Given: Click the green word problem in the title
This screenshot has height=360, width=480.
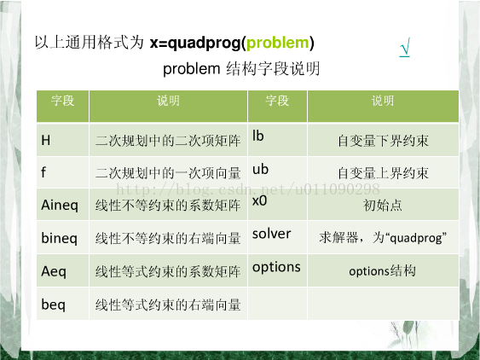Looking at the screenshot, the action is [278, 44].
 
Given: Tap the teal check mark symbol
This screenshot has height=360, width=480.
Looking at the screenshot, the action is [405, 47].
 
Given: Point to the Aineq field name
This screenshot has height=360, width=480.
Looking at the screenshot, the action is [60, 206].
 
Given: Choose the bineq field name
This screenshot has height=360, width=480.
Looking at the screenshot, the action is [60, 238].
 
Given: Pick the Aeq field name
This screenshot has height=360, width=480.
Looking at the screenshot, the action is [54, 271].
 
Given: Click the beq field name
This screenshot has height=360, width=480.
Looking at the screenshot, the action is [53, 305].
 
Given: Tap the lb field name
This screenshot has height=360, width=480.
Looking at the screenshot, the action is [257, 136].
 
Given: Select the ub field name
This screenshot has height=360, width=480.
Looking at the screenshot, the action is [260, 169].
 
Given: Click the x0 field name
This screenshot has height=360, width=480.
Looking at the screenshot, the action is [259, 201].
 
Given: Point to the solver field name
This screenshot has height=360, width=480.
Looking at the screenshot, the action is [271, 234].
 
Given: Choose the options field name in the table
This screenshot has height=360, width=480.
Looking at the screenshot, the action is [276, 268].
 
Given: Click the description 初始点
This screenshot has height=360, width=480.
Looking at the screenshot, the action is [383, 206].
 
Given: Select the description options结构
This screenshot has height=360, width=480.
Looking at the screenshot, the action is [382, 271].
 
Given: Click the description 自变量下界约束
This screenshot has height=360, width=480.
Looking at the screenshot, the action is [383, 141].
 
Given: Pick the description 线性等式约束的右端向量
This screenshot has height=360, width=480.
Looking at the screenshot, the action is [168, 305].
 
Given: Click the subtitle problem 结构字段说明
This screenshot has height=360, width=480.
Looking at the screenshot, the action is [241, 69].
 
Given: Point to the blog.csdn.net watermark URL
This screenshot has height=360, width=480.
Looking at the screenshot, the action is [248, 189].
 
